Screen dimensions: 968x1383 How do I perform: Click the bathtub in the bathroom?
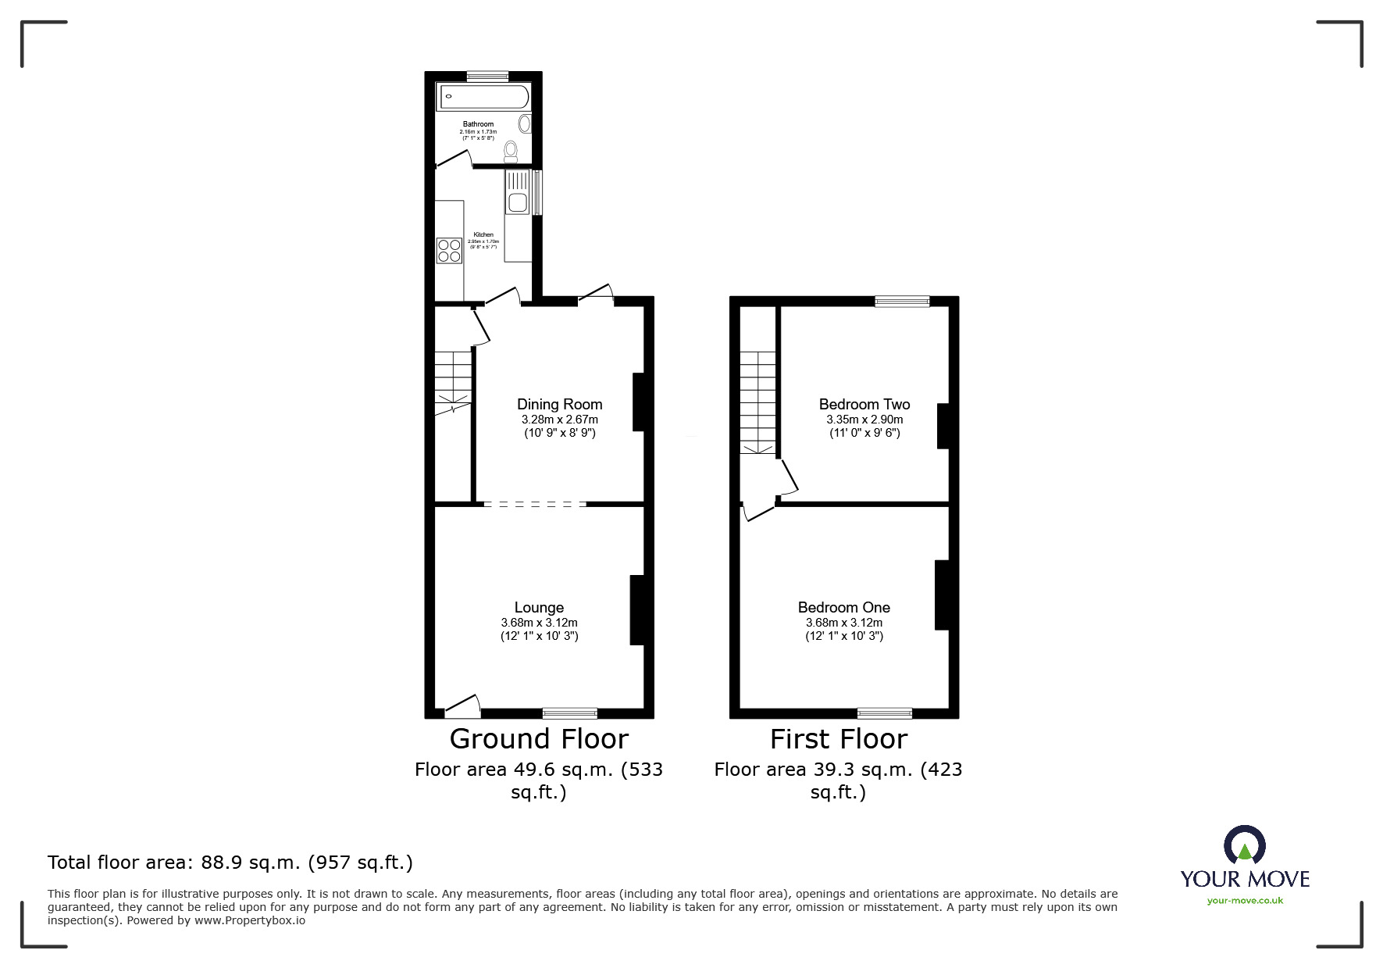483,98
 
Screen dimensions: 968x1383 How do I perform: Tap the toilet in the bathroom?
511,150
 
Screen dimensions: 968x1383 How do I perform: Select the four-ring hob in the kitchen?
449,250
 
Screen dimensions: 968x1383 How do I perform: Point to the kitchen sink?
517,202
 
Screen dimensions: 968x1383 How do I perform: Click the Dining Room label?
559,404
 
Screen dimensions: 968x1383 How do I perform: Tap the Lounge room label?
539,607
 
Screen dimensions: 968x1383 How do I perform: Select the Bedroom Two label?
864,404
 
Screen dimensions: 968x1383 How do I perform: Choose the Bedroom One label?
843,607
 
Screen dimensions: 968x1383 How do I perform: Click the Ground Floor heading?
539,738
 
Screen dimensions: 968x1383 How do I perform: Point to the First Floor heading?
839,738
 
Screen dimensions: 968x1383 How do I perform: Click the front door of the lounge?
462,708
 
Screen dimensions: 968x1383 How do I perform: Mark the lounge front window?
570,713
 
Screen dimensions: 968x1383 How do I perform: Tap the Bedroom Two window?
902,301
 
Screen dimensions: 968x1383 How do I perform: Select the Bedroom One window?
884,713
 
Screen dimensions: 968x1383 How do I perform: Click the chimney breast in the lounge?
637,610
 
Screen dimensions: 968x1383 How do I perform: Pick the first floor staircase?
758,402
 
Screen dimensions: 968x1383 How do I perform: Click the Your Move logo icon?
1244,845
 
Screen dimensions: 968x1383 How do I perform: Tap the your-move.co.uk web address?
1245,901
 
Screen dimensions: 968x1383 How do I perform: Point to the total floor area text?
230,863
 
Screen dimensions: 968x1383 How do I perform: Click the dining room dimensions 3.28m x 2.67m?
559,420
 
